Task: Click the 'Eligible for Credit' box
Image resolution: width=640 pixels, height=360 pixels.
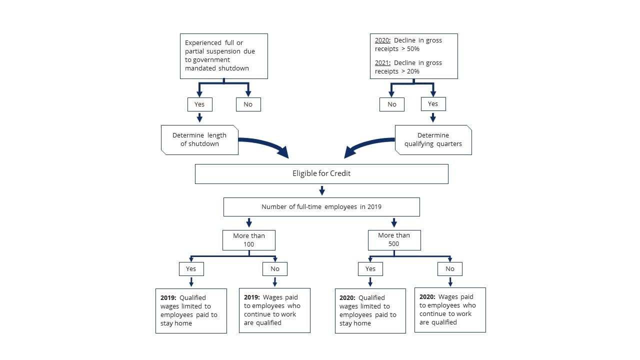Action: pyautogui.click(x=321, y=173)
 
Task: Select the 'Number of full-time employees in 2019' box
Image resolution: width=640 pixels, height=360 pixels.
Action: pyautogui.click(x=321, y=207)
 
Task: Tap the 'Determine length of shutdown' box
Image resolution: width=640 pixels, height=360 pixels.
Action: pyautogui.click(x=199, y=139)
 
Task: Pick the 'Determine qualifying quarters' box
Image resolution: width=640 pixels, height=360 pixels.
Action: pyautogui.click(x=433, y=139)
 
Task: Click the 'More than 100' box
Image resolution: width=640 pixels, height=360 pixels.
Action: pyautogui.click(x=249, y=240)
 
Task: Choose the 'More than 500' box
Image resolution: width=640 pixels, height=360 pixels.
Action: pyautogui.click(x=394, y=240)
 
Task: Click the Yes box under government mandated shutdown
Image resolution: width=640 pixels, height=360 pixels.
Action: pyautogui.click(x=199, y=104)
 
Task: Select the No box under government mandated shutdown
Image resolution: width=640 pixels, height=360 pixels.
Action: pyautogui.click(x=248, y=104)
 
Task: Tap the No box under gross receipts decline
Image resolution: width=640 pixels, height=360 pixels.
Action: pyautogui.click(x=391, y=104)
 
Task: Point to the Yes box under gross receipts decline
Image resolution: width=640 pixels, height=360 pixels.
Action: pyautogui.click(x=433, y=104)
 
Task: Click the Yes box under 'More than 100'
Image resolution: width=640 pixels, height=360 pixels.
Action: pyautogui.click(x=191, y=269)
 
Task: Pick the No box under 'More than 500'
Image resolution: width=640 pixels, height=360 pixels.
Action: pyautogui.click(x=449, y=269)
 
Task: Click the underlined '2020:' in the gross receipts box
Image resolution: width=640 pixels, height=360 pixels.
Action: pyautogui.click(x=382, y=40)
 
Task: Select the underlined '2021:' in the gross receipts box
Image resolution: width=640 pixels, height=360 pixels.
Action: pyautogui.click(x=382, y=63)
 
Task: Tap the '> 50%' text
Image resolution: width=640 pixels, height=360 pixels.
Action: pyautogui.click(x=410, y=49)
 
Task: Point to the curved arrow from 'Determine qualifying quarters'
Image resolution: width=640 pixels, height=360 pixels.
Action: pyautogui.click(x=367, y=144)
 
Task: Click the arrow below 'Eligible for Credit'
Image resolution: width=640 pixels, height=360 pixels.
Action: pyautogui.click(x=322, y=190)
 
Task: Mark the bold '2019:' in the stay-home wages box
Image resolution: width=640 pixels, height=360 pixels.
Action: pyautogui.click(x=168, y=297)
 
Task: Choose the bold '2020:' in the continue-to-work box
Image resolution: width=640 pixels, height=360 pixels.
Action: pyautogui.click(x=427, y=297)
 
